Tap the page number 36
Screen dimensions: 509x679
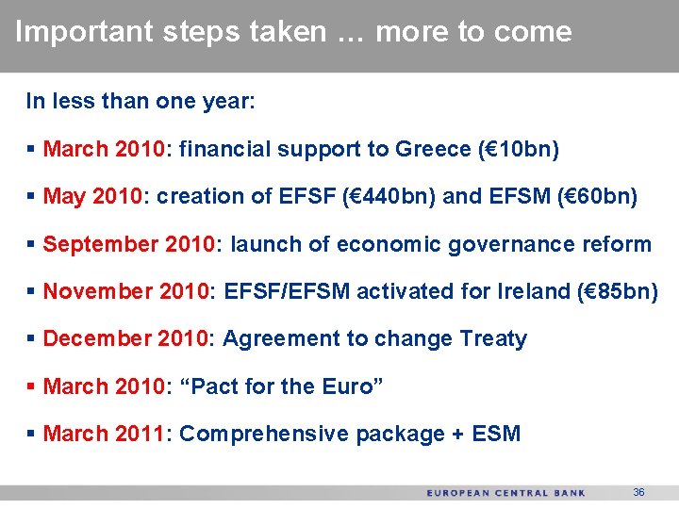coord(638,492)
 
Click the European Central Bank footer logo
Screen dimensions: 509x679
coord(505,493)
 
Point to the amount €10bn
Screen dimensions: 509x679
coord(521,149)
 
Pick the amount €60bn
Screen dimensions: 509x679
coord(599,197)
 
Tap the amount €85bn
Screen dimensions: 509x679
coord(620,291)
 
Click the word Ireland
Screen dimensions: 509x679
coord(530,291)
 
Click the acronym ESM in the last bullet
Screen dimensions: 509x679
coord(497,434)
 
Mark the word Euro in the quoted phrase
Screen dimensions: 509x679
coord(346,386)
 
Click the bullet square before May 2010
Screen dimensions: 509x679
coord(33,197)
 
